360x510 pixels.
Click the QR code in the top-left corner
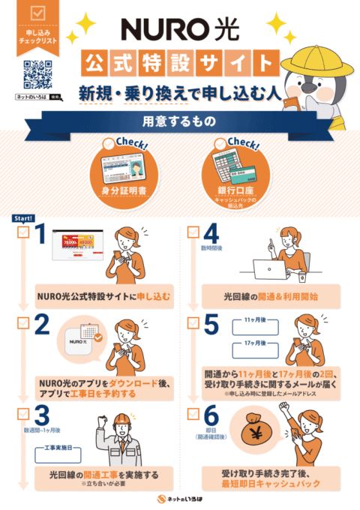(38, 74)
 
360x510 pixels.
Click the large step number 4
(211, 238)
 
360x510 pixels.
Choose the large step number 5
(211, 324)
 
